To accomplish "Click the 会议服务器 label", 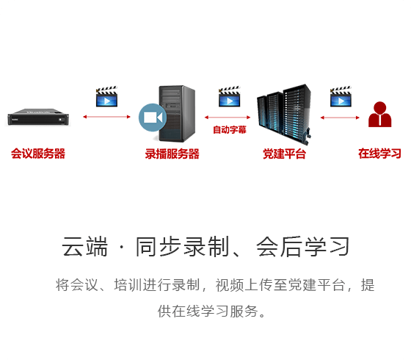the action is [x=38, y=154].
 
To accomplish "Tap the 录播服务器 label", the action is [x=172, y=154].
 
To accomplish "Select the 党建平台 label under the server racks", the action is [x=285, y=154].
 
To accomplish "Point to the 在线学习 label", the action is [x=379, y=154].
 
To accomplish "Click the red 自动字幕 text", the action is [x=229, y=129].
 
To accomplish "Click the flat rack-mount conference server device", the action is [x=38, y=117].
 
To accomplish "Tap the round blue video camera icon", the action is [x=153, y=118].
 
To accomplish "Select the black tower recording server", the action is [x=177, y=113].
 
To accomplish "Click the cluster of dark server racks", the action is [x=284, y=113].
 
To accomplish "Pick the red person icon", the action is [x=380, y=115].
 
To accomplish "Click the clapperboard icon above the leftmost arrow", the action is [x=106, y=96].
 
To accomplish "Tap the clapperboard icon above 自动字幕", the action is [x=229, y=96].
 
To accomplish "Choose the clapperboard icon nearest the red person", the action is [x=341, y=96].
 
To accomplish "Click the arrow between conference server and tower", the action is [x=106, y=117].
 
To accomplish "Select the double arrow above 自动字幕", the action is [x=228, y=118].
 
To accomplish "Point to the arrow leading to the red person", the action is [x=340, y=118].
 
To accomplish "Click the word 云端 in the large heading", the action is [x=84, y=246].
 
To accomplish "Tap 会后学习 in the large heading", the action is [x=302, y=246].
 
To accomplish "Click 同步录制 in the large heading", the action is [x=183, y=246].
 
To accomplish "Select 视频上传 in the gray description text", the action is [x=244, y=285].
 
